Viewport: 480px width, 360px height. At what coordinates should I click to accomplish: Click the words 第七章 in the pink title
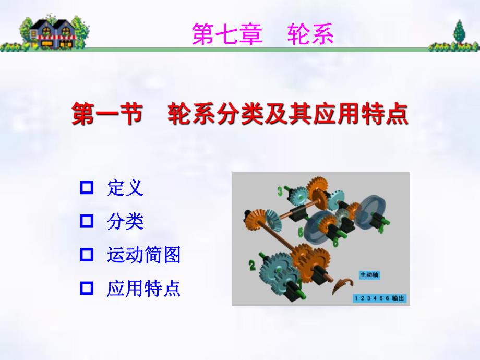click(226, 35)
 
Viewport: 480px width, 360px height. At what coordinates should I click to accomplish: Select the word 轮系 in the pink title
click(310, 35)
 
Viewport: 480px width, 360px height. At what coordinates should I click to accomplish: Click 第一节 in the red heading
click(107, 114)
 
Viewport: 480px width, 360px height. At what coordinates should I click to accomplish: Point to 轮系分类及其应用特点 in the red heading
click(287, 114)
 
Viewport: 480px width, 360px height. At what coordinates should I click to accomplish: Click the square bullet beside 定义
click(86, 187)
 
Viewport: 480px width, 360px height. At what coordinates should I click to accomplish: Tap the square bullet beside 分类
click(86, 221)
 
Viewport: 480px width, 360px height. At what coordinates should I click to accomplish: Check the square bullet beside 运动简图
click(86, 255)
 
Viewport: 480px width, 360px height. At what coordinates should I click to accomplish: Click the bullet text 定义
click(125, 188)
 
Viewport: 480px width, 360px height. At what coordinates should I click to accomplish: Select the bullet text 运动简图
click(143, 255)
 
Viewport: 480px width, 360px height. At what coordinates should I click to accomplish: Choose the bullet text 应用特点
click(143, 288)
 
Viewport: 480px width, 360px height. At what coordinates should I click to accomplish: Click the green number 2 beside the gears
click(252, 266)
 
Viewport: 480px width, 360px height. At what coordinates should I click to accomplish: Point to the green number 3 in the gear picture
click(280, 191)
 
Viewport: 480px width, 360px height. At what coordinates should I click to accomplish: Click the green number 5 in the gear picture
click(301, 231)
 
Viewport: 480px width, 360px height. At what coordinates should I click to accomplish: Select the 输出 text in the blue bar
click(398, 298)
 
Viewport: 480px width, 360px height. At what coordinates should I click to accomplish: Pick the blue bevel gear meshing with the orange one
click(271, 219)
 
